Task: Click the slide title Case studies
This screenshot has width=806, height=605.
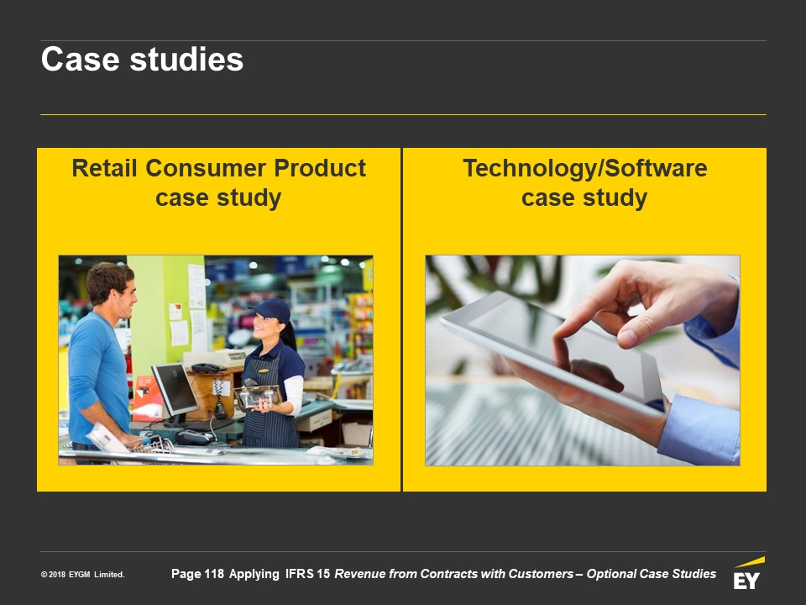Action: pos(142,59)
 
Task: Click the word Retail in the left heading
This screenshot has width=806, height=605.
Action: pos(104,168)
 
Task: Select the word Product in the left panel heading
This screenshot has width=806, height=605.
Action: pos(320,168)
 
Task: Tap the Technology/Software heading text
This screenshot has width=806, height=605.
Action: pos(585,169)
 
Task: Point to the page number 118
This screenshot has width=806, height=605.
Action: pos(214,574)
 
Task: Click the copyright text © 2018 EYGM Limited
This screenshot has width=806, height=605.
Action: pos(83,574)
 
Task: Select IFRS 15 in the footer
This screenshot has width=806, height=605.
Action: pos(307,574)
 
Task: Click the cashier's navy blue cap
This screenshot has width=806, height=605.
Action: pos(270,310)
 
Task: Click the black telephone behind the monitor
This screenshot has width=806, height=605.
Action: pos(205,367)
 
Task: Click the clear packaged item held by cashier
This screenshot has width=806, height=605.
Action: pos(256,395)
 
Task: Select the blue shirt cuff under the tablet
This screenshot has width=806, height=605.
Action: pos(699,429)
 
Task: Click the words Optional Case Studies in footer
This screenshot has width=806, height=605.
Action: pos(652,574)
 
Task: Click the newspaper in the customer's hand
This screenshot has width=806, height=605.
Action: pos(107,439)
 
